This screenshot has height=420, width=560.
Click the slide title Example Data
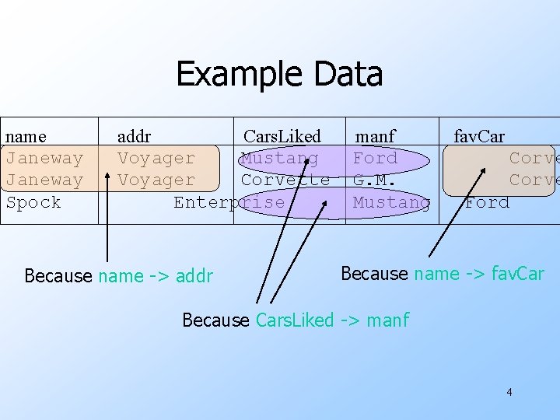click(x=279, y=74)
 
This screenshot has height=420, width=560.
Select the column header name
click(x=26, y=137)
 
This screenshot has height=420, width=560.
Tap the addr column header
click(x=134, y=137)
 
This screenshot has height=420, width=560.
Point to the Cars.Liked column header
click(x=282, y=137)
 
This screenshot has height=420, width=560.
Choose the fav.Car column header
click(x=479, y=137)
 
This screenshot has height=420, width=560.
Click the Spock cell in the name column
click(x=33, y=202)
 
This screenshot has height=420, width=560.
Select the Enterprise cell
click(x=229, y=202)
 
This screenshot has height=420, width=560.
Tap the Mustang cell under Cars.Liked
click(x=279, y=159)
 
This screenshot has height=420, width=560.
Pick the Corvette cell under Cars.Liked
click(x=285, y=180)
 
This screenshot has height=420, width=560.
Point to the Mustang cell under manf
click(x=391, y=202)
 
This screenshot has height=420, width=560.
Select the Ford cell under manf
click(x=375, y=159)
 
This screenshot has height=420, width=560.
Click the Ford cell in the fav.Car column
click(x=487, y=202)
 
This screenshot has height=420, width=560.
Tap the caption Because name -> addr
click(x=118, y=275)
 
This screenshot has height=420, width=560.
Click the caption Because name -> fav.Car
click(x=442, y=273)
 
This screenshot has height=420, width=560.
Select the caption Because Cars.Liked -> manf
click(x=295, y=320)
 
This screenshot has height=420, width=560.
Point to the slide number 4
click(x=509, y=392)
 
